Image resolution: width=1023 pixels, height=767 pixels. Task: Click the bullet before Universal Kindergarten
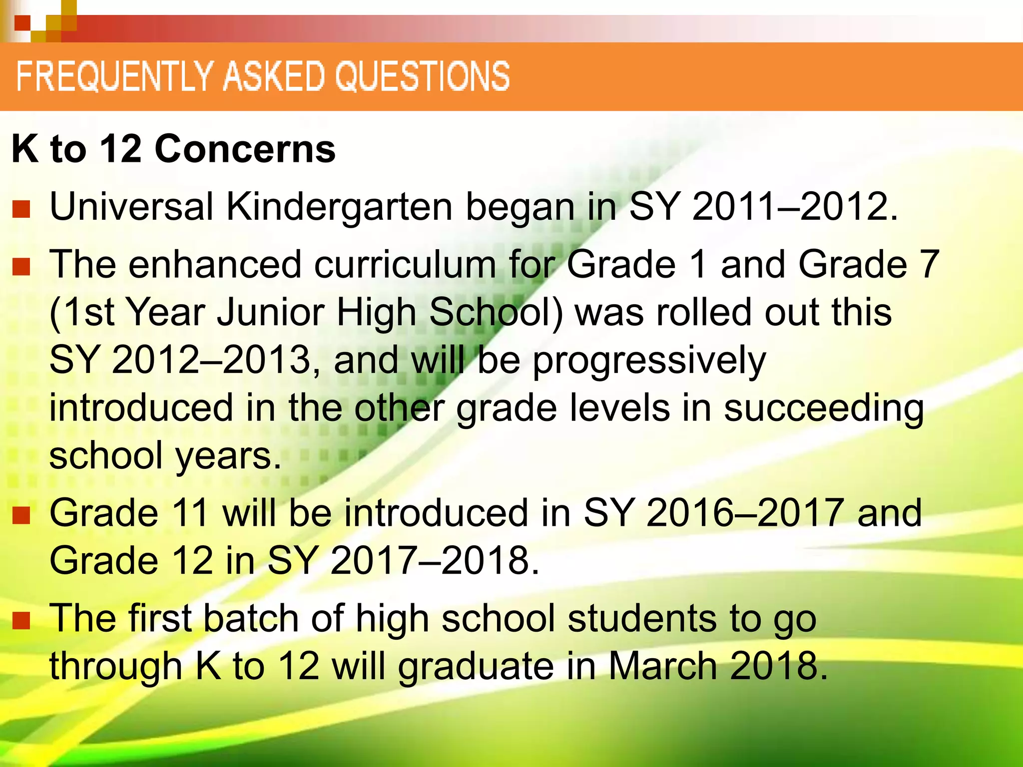coord(21,209)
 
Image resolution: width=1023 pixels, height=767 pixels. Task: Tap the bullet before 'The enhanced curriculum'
coord(21,267)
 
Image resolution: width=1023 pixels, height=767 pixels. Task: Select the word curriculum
coord(405,264)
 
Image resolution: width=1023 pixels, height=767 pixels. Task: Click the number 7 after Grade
coord(929,264)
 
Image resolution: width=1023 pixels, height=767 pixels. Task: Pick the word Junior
coord(270,313)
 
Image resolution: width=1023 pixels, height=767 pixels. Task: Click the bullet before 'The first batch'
coord(21,621)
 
